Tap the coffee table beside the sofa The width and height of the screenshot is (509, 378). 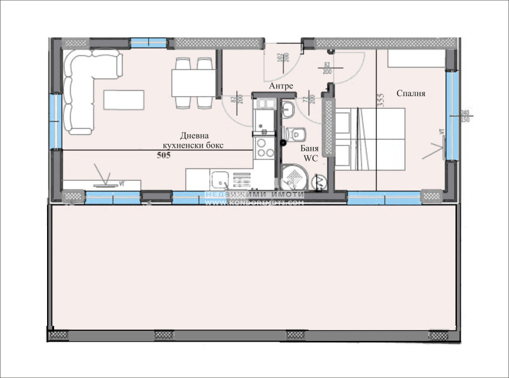coord(125,99)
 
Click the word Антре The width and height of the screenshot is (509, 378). coord(281,85)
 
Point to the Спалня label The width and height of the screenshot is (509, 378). coord(410,94)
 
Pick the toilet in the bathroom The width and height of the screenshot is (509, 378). coord(295,134)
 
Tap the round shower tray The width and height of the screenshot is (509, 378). coord(295,177)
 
